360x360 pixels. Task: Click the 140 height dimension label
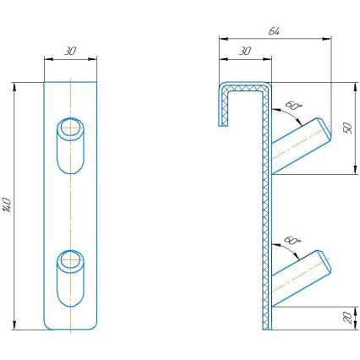pos(8,205)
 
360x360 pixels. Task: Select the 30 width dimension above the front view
pos(69,51)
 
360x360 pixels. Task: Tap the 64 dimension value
pos(274,30)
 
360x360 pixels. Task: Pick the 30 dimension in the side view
pos(245,51)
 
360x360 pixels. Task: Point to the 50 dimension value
pos(346,127)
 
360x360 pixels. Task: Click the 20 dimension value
pos(346,317)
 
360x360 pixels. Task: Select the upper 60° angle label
pos(293,106)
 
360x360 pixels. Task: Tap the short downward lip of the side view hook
pos(223,106)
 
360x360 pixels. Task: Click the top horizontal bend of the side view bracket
pos(247,85)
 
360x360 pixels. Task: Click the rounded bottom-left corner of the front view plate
pos(46,327)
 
